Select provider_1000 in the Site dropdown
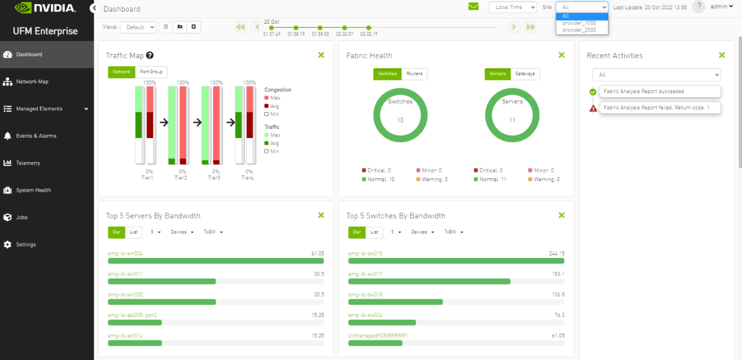click(579, 23)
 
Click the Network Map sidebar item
click(32, 81)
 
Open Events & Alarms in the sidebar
click(36, 136)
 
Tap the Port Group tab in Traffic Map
click(151, 72)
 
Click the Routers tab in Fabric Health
click(414, 74)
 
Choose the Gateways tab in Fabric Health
click(525, 74)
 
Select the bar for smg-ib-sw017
click(429, 281)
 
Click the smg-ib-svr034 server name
click(125, 253)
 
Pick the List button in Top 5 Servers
click(134, 232)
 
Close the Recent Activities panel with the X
click(721, 55)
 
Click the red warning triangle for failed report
click(593, 108)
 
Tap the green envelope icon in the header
click(473, 7)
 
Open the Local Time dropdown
click(512, 7)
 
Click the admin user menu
click(721, 7)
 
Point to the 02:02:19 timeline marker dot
click(368, 28)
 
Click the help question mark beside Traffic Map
click(150, 55)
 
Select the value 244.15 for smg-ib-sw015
click(556, 253)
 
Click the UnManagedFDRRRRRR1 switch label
click(378, 336)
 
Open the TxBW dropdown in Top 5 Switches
click(454, 232)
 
